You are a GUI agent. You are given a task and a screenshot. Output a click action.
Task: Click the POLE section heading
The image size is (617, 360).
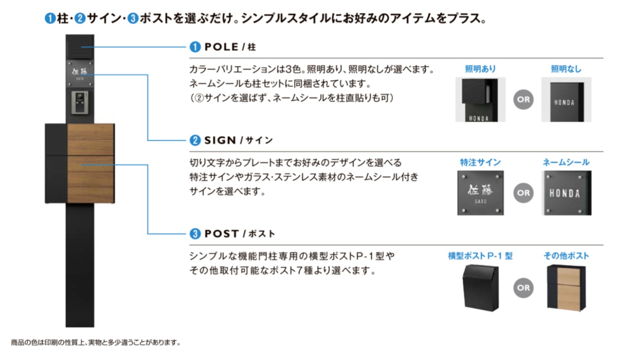tap(223, 47)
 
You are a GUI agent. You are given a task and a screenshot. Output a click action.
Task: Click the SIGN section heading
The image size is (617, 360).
tap(232, 140)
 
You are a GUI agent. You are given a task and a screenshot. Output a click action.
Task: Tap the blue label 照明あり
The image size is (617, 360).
tap(480, 69)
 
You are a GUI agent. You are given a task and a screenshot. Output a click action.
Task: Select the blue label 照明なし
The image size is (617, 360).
tap(566, 69)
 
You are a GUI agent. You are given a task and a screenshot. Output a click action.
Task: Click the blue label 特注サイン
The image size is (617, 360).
tap(480, 162)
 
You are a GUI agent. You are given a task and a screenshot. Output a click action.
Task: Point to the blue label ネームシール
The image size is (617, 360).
tap(566, 162)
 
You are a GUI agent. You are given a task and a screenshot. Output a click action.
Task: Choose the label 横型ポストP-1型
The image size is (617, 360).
tap(480, 256)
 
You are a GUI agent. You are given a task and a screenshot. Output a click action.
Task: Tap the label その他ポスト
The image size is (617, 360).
tap(566, 256)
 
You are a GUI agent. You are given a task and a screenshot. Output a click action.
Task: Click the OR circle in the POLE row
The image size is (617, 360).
tap(523, 99)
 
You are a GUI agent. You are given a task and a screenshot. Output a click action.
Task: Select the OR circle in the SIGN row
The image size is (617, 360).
tap(523, 193)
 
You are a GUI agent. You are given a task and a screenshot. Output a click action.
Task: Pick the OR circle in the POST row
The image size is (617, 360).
tap(523, 288)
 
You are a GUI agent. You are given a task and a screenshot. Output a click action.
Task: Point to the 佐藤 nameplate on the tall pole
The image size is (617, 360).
tap(80, 73)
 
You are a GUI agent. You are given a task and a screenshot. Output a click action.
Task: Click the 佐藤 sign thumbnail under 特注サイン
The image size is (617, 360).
tap(480, 193)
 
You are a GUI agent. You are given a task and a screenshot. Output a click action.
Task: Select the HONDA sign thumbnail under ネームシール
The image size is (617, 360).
tap(565, 193)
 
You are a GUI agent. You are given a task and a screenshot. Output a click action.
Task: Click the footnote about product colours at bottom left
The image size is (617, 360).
tap(96, 342)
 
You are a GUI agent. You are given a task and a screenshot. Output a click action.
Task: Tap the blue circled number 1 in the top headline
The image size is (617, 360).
tap(50, 19)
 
